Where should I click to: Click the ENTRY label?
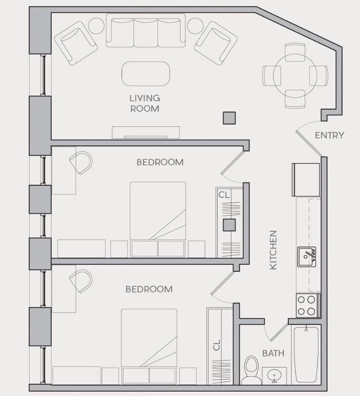click(329, 135)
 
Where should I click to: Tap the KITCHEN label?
click(273, 250)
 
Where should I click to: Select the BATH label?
click(273, 353)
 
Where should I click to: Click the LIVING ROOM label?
click(145, 103)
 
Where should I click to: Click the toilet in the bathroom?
click(251, 370)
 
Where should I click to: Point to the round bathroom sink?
click(275, 376)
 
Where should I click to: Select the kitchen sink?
click(306, 257)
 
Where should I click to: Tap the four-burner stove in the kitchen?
click(308, 305)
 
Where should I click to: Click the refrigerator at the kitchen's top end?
click(306, 180)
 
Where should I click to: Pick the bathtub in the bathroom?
click(306, 355)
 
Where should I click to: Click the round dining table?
click(295, 76)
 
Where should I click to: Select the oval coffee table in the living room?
click(146, 74)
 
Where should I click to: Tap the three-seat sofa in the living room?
click(146, 30)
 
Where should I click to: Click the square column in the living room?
click(229, 118)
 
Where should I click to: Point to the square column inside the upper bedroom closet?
click(229, 225)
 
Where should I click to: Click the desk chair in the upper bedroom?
click(80, 162)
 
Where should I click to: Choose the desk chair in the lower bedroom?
click(80, 281)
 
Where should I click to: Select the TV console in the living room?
click(146, 133)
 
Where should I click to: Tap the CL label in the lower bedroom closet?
click(217, 345)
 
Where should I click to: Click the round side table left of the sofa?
click(96, 26)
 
